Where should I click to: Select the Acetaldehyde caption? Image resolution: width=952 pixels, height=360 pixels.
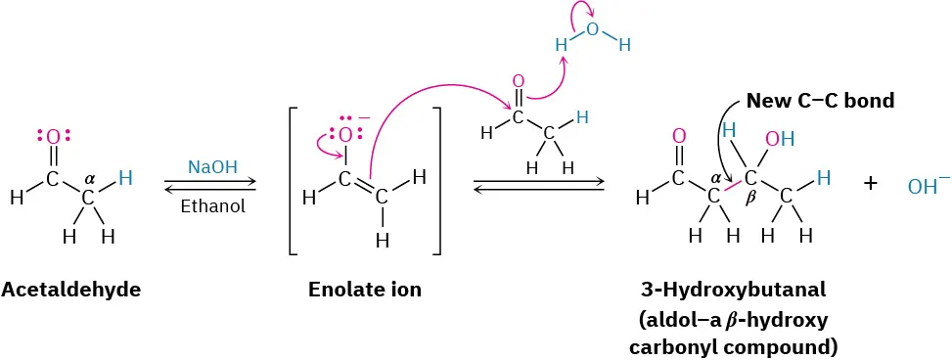coord(71,290)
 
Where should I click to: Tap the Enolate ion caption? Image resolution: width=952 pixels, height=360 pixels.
coord(365,290)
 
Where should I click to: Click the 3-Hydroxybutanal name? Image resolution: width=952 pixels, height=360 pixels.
coord(734,290)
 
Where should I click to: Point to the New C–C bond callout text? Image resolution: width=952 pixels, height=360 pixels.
coord(820,100)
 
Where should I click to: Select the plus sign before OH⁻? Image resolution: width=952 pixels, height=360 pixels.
coord(870,182)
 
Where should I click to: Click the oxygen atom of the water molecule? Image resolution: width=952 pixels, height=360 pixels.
coord(591,29)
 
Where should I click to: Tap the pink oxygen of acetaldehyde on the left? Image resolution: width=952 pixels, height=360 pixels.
coord(53,138)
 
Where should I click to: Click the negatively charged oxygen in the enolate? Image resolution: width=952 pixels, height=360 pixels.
coord(344,135)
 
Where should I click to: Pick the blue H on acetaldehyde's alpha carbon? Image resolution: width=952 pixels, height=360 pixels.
coord(125,177)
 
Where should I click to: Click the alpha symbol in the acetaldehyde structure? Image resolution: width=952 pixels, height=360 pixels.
coord(90,179)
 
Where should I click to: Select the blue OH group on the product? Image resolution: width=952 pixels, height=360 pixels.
coord(780,139)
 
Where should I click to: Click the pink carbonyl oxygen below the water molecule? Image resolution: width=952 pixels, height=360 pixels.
coord(518,81)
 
